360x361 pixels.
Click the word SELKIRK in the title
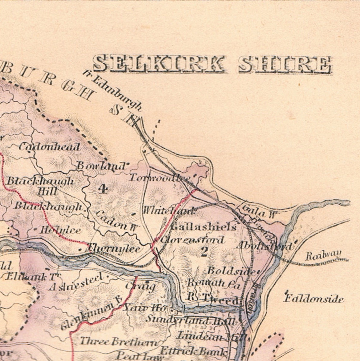point(159,64)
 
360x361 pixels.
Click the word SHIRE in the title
point(285,65)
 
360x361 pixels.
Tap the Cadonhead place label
point(50,147)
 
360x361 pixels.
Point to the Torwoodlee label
point(159,178)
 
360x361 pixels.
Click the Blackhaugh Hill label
point(40,186)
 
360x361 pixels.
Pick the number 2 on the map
point(204,251)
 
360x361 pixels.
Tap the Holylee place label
point(60,230)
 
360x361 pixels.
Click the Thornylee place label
point(114,249)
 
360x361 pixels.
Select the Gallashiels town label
point(203,227)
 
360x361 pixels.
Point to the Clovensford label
point(192,240)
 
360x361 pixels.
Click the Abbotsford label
point(265,246)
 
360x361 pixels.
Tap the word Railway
point(323,255)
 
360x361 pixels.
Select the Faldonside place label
point(314,298)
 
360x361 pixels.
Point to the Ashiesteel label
point(76,282)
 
